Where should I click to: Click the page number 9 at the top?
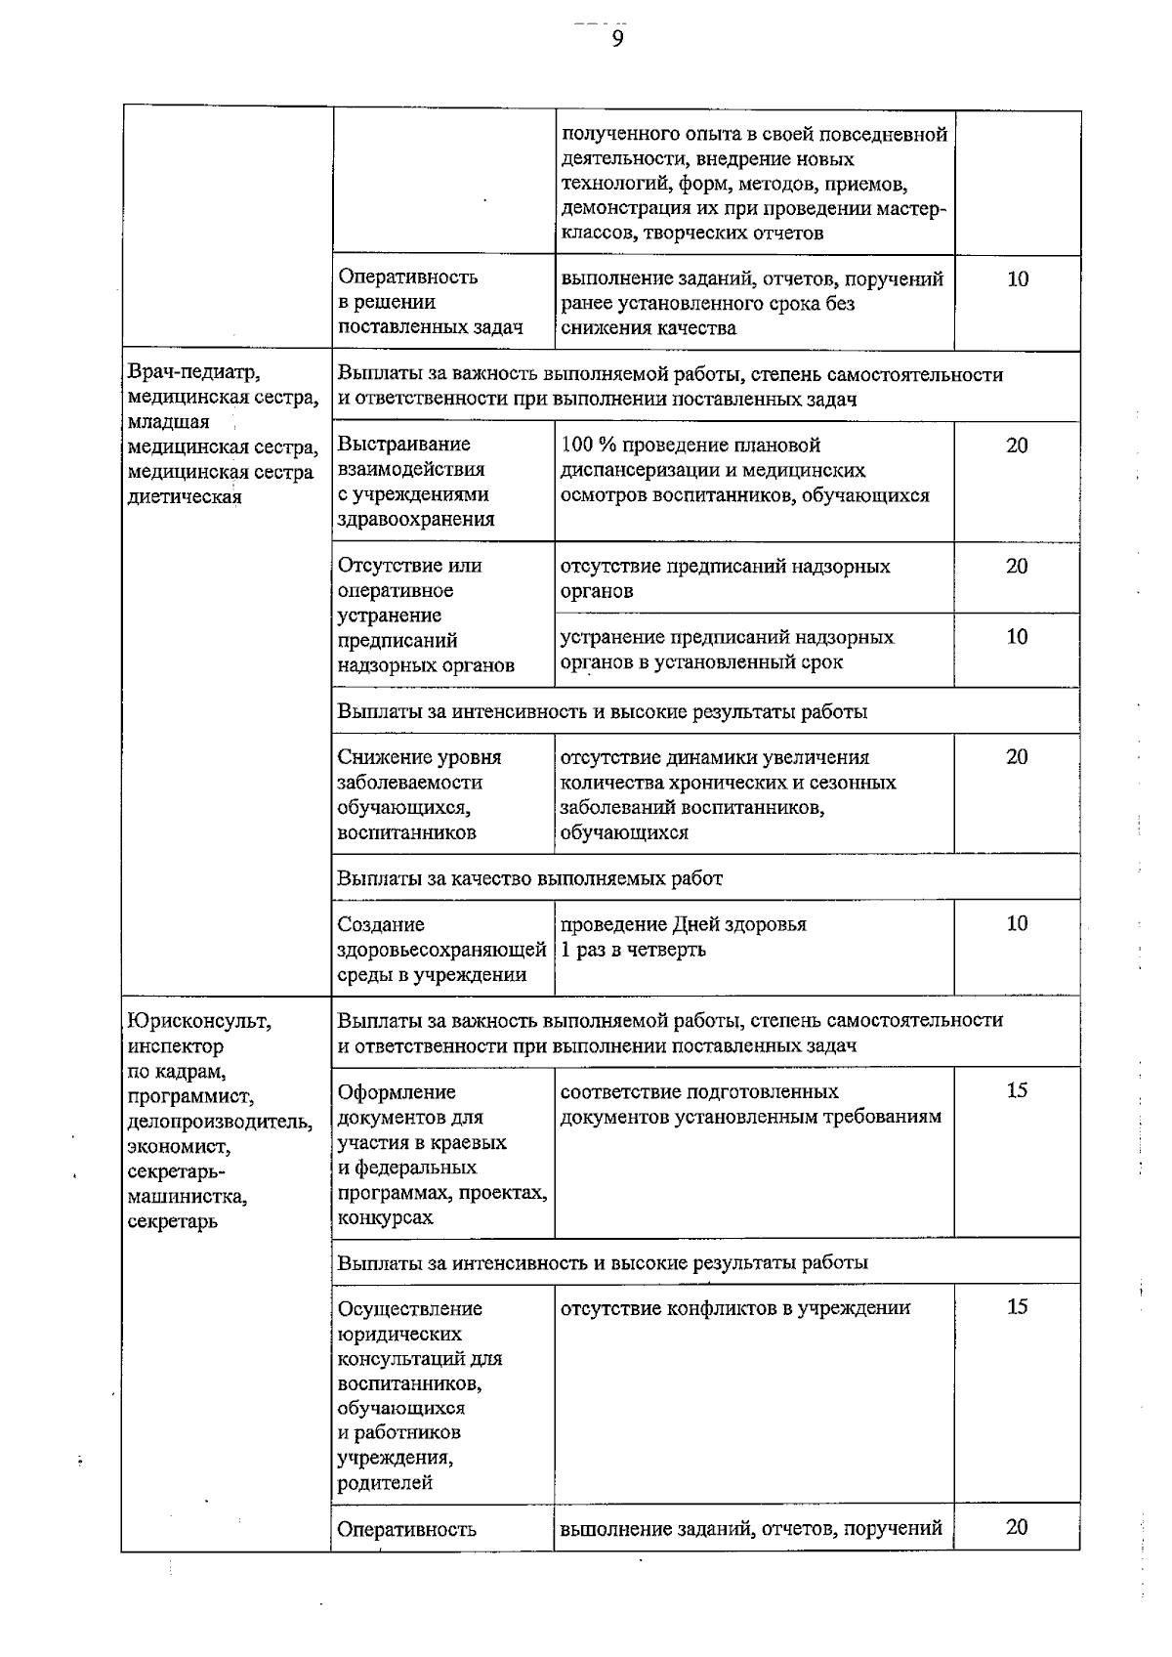point(616,38)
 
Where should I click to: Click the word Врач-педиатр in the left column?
point(194,373)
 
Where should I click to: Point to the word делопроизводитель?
point(220,1122)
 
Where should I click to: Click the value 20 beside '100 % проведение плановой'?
point(1017,446)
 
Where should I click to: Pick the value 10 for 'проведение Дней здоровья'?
point(1017,923)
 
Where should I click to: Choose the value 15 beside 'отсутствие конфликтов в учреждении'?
point(1017,1307)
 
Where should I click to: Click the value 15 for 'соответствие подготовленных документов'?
point(1017,1091)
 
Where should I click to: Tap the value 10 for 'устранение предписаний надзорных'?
point(1017,637)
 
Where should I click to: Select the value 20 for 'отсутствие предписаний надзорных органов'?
point(1017,566)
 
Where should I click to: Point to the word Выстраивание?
point(403,446)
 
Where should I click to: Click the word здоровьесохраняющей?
point(441,950)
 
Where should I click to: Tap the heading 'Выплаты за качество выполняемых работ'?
point(529,878)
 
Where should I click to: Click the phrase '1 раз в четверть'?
point(633,950)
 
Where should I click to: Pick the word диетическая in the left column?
point(185,496)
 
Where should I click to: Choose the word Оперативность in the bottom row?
point(406,1530)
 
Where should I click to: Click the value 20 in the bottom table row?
point(1017,1527)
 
